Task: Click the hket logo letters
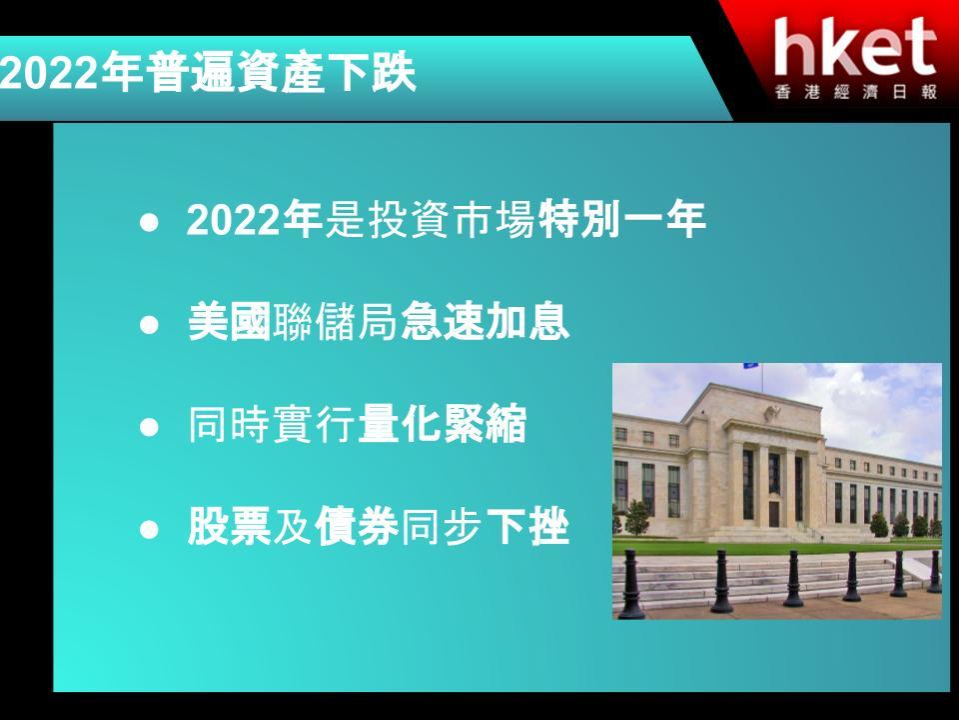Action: [855, 47]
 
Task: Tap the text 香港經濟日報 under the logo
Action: [856, 92]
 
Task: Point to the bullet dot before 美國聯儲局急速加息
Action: [149, 324]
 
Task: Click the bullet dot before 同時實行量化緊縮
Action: [149, 426]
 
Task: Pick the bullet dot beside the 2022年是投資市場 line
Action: [149, 222]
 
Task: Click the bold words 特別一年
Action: [621, 219]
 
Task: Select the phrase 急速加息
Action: [485, 321]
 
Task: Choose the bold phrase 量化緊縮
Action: [443, 424]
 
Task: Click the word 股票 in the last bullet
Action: [229, 526]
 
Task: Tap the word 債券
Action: [357, 526]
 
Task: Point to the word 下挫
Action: [527, 526]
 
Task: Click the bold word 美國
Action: [229, 321]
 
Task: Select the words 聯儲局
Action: [336, 321]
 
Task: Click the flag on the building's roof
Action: [751, 366]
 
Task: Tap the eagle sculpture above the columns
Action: [772, 413]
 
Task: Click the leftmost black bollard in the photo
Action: [630, 585]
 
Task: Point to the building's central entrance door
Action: [773, 514]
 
